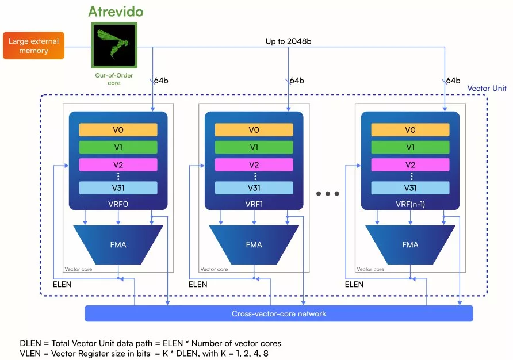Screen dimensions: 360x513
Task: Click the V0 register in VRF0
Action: (118, 130)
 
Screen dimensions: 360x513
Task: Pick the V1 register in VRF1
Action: (254, 147)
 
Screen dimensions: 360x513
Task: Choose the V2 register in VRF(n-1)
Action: (410, 164)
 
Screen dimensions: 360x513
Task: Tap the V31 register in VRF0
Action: (118, 188)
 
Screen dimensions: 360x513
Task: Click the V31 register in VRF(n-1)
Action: (410, 188)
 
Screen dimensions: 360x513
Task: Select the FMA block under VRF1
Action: (254, 244)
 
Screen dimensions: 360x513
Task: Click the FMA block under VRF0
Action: (118, 244)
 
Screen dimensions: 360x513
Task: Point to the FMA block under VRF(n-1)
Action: (410, 244)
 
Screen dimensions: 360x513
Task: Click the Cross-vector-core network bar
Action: (279, 313)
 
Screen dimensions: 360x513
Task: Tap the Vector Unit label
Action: (487, 88)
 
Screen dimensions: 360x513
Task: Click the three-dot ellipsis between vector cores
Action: (328, 194)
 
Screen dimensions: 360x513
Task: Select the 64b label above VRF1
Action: (297, 80)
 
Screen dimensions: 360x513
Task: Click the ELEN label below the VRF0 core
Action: (62, 284)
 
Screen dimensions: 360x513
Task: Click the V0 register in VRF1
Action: (254, 130)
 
